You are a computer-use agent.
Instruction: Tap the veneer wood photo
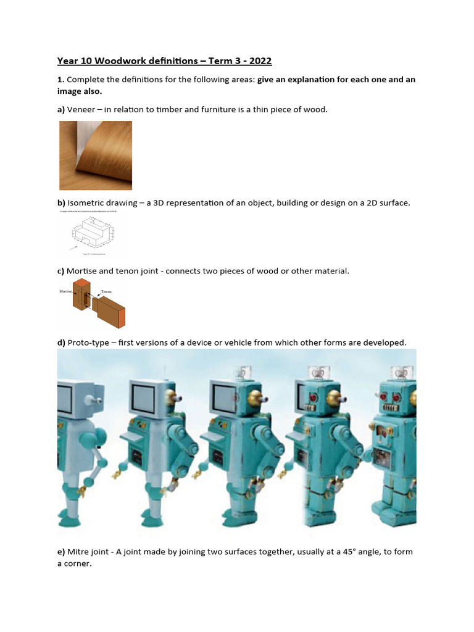pyautogui.click(x=95, y=155)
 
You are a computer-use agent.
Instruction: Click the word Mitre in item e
pyautogui.click(x=79, y=552)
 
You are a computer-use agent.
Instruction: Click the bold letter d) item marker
pyautogui.click(x=62, y=343)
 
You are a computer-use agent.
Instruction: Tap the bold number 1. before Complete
pyautogui.click(x=60, y=80)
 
